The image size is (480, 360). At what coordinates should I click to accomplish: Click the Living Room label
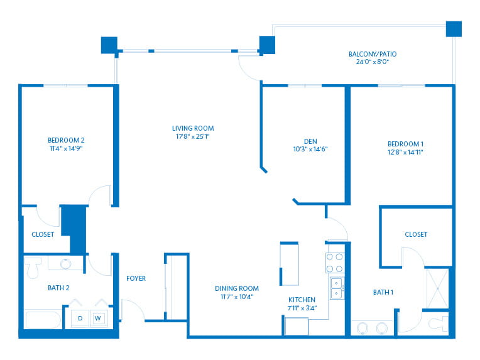[193, 128]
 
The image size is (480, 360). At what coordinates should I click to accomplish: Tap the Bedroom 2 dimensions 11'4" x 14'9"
[66, 148]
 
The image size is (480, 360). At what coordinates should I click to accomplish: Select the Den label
[310, 141]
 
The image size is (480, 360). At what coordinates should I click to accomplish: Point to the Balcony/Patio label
[373, 54]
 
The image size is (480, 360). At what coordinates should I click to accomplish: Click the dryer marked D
[80, 319]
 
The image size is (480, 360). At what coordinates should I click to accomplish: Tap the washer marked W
[98, 319]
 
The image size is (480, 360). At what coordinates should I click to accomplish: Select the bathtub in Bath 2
[43, 320]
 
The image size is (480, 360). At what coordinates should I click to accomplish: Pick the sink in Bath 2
[65, 264]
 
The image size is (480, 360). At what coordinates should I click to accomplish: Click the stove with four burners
[335, 263]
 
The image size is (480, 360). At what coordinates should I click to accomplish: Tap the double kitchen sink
[337, 288]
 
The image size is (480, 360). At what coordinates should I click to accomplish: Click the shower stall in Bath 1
[438, 288]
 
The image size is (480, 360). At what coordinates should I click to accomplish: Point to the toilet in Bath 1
[439, 324]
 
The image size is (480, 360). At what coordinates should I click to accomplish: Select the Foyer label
[136, 278]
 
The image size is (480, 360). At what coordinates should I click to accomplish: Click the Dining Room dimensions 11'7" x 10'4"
[237, 297]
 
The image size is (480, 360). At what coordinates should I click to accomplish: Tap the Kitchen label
[302, 300]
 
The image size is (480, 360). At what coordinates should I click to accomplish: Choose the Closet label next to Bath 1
[416, 234]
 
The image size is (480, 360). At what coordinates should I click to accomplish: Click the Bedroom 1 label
[406, 144]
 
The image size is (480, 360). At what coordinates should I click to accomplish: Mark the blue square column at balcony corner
[454, 29]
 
